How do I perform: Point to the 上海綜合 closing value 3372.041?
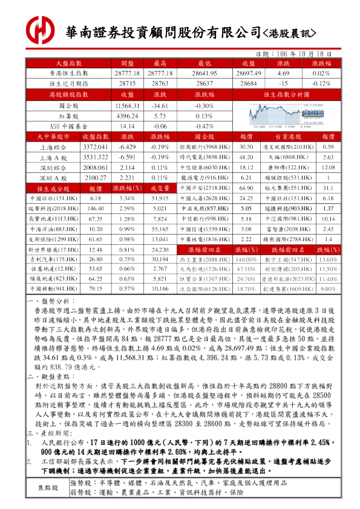[95, 147]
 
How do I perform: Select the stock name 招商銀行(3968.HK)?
[203, 147]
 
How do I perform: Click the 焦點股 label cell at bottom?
[49, 487]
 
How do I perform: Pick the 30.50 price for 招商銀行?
[246, 147]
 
